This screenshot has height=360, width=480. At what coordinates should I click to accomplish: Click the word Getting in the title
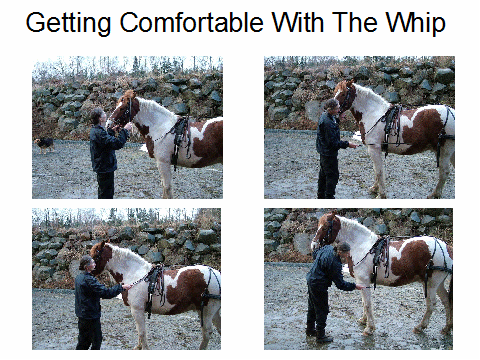68,23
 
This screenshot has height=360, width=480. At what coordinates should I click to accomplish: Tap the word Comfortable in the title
192,22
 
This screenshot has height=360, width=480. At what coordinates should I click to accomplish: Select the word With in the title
298,22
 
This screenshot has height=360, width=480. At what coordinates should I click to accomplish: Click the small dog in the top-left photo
44,145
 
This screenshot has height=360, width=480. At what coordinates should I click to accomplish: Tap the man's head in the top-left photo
98,116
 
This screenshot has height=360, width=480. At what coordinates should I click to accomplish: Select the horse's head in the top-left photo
122,110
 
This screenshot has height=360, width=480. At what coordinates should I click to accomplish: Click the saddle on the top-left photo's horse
181,138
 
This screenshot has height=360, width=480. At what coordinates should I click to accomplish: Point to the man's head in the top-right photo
332,107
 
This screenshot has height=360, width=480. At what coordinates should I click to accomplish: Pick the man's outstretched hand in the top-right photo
353,145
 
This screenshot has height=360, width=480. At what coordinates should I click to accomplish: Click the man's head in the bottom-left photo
86,264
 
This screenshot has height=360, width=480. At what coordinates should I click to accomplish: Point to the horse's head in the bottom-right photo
325,231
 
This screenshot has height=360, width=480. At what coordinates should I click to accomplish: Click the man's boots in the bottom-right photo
318,335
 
